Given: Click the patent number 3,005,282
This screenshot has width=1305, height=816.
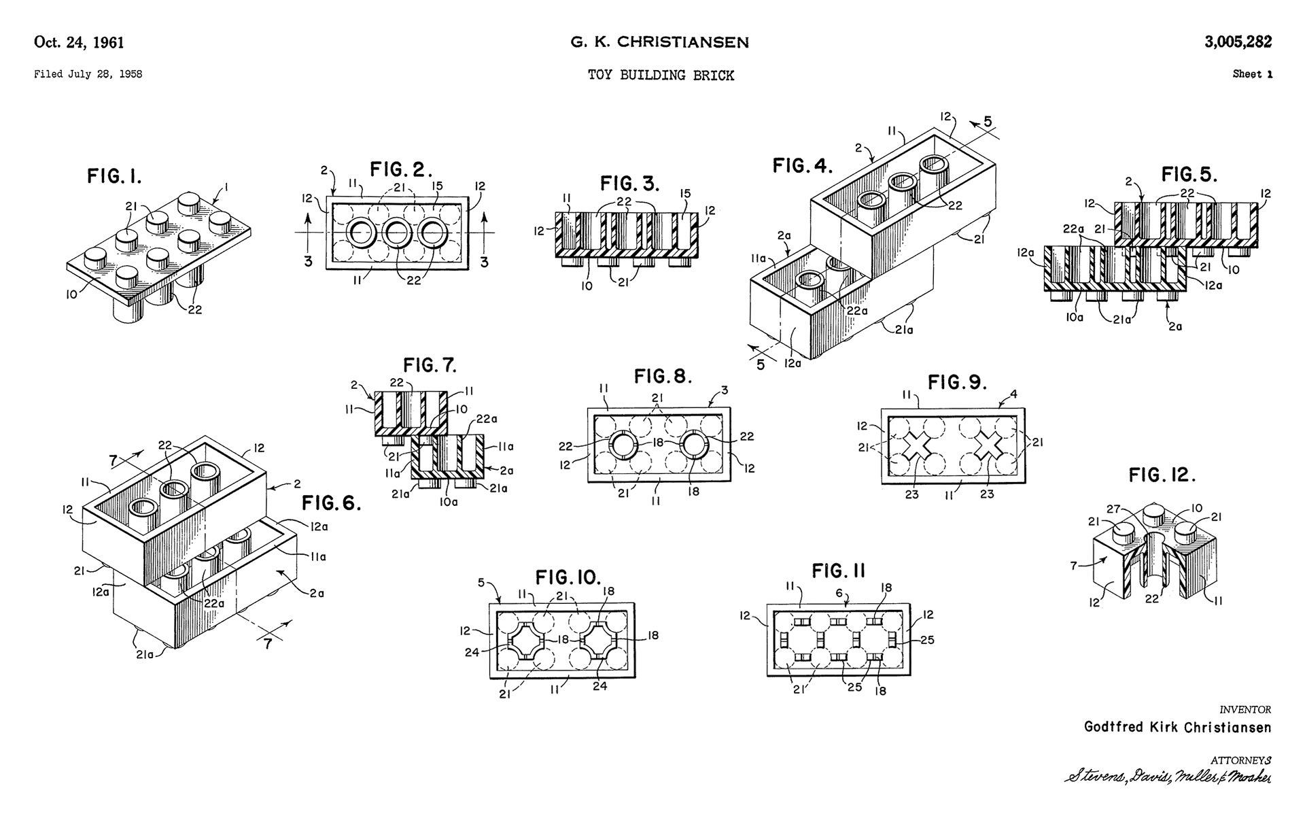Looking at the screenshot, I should pos(1238,42).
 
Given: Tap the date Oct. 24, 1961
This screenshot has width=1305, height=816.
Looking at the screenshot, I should pos(79,43).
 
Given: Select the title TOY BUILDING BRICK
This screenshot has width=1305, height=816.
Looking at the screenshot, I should pos(661,75).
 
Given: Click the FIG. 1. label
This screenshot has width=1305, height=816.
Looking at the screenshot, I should pos(114,177).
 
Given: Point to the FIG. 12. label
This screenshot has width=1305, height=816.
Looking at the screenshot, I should pos(1162,475).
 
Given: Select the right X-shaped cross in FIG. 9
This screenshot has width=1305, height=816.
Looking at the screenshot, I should pos(989,447).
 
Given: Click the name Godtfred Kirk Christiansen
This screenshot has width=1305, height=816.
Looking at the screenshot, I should pos(1177,727).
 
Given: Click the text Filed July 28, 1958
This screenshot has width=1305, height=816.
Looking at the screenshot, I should pos(88,75).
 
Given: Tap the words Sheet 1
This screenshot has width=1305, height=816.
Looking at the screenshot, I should pos(1251,74).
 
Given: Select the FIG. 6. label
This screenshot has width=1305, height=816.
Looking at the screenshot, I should pos(332,503).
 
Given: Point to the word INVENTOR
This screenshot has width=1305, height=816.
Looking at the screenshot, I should pos(1245,709).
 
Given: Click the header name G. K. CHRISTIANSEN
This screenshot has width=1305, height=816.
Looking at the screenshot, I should pos(659,42).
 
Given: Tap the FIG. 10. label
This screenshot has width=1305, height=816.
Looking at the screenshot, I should pos(568,578).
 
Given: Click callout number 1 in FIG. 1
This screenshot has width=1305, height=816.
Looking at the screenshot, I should pos(226,186).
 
